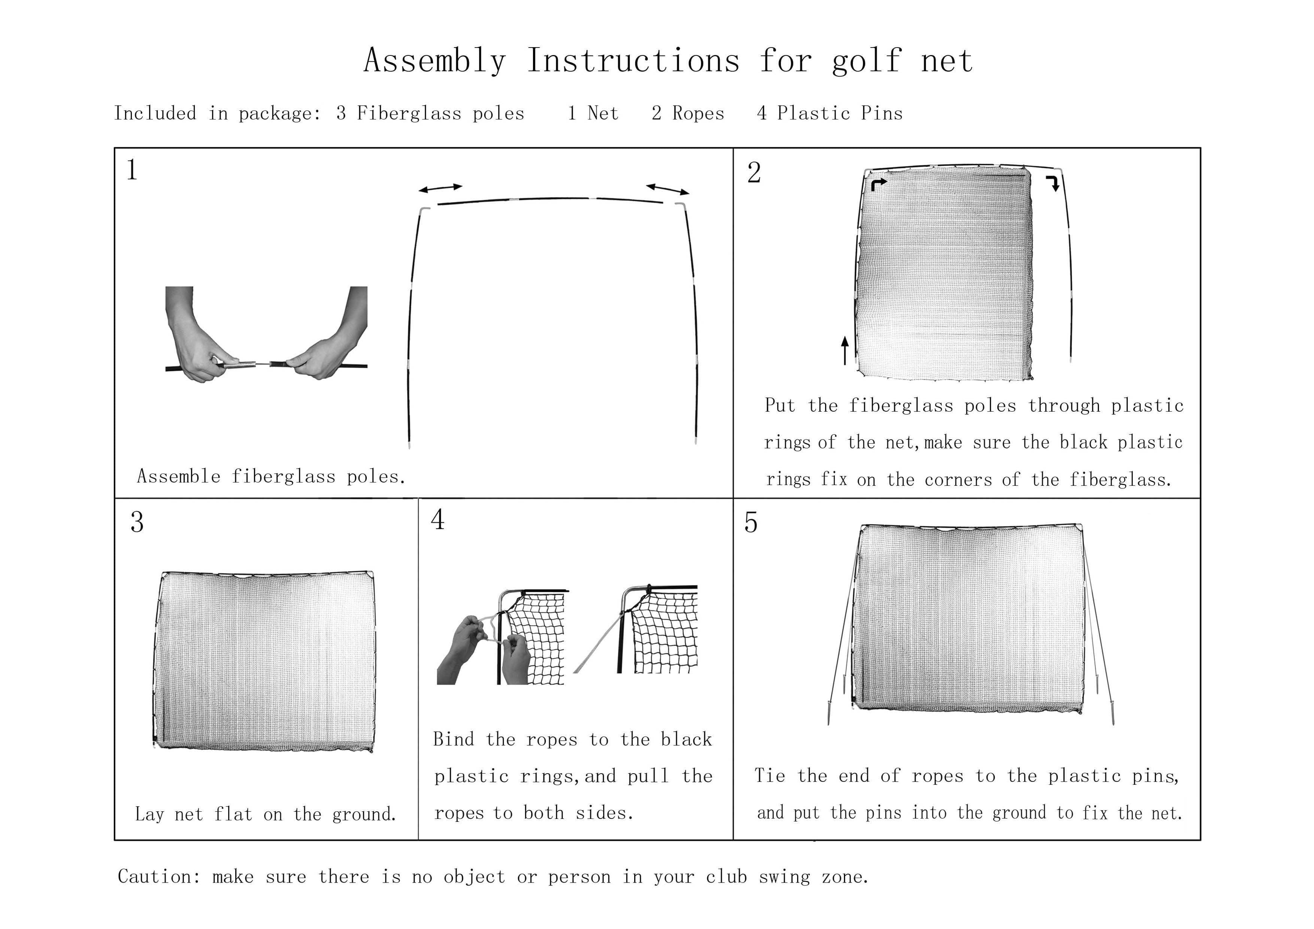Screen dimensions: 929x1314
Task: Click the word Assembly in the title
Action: click(435, 61)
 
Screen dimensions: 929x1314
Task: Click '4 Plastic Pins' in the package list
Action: click(829, 114)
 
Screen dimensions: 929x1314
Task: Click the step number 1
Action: click(132, 170)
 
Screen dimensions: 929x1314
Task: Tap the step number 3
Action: click(137, 522)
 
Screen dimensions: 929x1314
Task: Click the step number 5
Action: click(751, 523)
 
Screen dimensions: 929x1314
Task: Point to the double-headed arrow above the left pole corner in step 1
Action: click(440, 188)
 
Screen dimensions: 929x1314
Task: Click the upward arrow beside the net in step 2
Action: click(845, 350)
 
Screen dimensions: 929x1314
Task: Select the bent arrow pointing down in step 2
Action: click(1053, 184)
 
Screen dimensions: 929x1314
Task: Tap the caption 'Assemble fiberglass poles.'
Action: click(271, 476)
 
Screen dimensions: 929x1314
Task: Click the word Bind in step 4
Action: click(453, 739)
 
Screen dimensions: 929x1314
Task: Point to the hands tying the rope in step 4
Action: click(487, 650)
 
